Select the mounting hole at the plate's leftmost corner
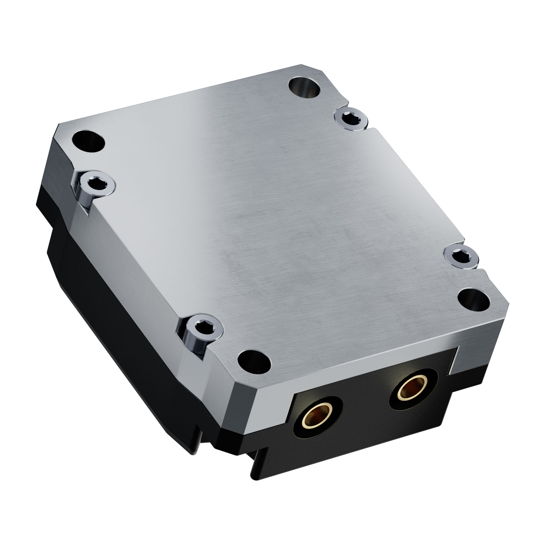click(88, 141)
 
